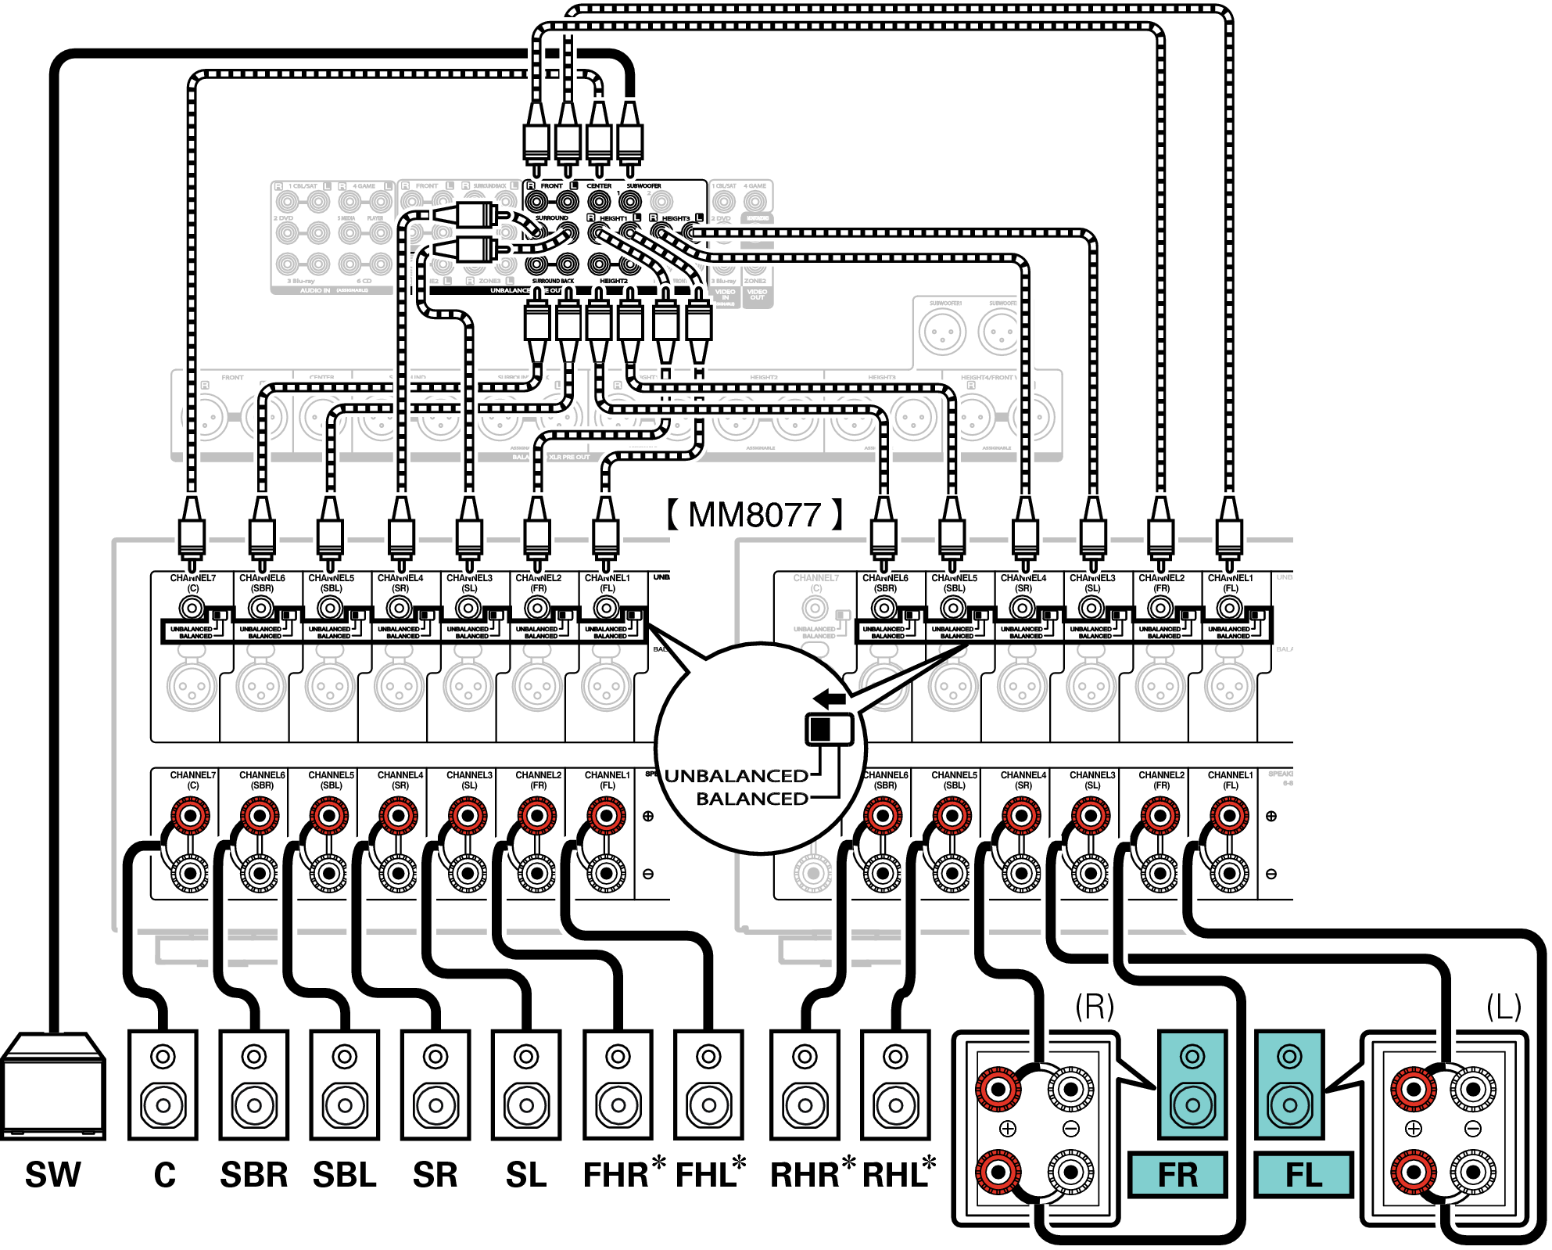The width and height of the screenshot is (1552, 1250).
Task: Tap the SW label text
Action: [53, 1175]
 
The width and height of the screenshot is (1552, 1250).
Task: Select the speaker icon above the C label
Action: [163, 1085]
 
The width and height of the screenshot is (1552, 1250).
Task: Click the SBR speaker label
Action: [253, 1175]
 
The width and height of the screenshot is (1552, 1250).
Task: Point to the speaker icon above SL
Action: [526, 1085]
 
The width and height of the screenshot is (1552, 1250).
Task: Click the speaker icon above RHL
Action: [896, 1085]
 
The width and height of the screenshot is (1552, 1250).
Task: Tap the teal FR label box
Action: [1177, 1175]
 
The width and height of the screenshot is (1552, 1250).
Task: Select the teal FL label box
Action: [1303, 1175]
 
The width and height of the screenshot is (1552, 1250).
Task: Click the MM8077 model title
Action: [754, 515]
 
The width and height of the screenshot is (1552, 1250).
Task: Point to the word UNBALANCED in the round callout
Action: [737, 776]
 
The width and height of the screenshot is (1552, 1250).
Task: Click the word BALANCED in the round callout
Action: [752, 799]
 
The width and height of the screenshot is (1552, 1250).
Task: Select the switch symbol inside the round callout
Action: [829, 729]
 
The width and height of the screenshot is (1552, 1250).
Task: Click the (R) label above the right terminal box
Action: [1094, 1007]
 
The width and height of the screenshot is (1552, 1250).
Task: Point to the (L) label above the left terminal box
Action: [1503, 1007]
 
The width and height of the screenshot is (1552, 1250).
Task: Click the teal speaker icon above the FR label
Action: [1192, 1085]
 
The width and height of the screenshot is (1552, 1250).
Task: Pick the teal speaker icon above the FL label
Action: [1289, 1085]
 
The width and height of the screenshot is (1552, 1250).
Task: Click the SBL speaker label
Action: [345, 1175]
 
